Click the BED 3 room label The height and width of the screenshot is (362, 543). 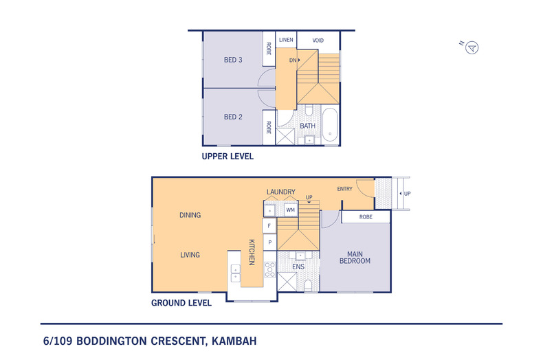click(x=233, y=60)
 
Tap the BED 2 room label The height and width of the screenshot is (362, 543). click(x=233, y=117)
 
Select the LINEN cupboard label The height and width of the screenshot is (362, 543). click(x=286, y=40)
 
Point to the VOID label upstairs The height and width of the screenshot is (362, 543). click(x=318, y=40)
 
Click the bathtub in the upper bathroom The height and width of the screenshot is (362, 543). click(x=330, y=124)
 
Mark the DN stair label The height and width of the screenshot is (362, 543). click(x=293, y=60)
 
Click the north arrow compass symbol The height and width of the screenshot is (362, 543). click(x=472, y=47)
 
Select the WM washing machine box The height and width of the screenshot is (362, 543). click(x=290, y=209)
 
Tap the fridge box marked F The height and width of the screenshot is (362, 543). click(x=269, y=225)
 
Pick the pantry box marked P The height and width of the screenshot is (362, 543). click(x=269, y=242)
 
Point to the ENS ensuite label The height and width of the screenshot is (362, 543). click(x=299, y=267)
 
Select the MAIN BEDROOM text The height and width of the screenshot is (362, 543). click(x=354, y=257)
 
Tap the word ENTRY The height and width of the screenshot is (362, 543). click(x=345, y=188)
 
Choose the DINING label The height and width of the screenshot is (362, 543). click(x=190, y=215)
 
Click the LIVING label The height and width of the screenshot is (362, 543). click(x=190, y=255)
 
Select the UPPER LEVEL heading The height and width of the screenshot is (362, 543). click(x=227, y=157)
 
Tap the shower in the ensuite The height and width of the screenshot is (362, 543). click(x=285, y=282)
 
